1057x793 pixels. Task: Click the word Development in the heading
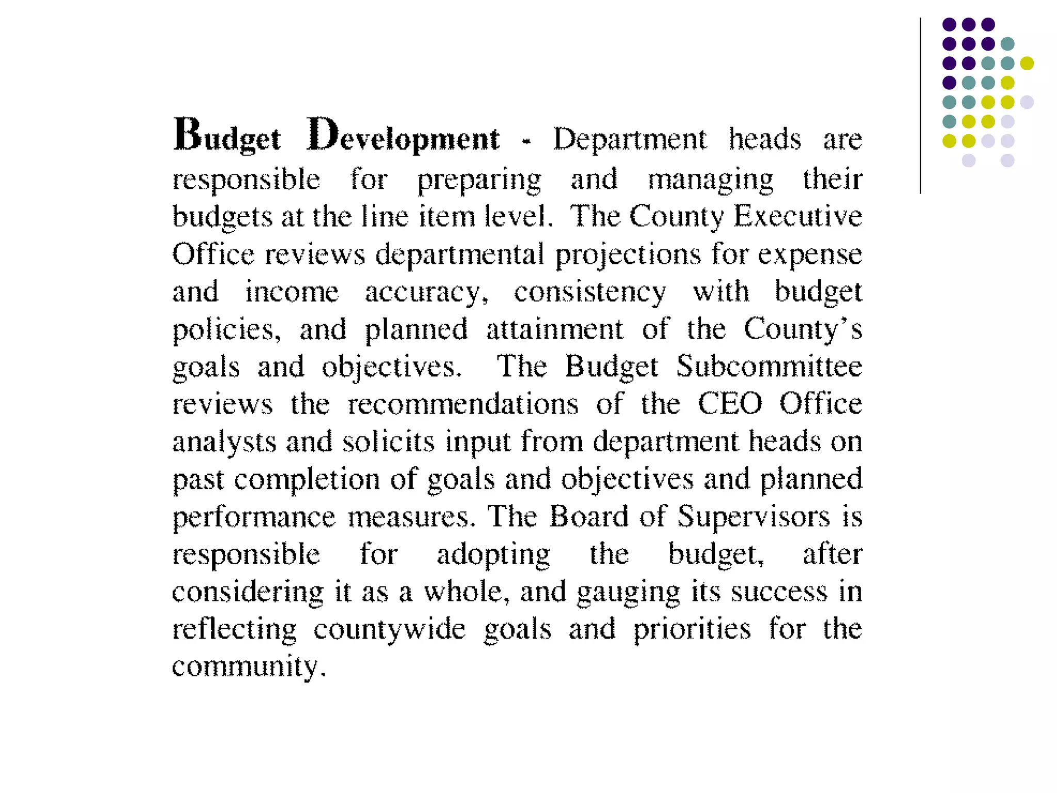(x=403, y=135)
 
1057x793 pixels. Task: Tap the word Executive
(x=797, y=216)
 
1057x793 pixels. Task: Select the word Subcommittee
(x=769, y=367)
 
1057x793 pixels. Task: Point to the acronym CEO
(x=730, y=404)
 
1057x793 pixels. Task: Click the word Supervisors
(x=754, y=516)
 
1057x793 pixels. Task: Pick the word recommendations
(x=463, y=404)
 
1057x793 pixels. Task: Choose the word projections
(x=628, y=255)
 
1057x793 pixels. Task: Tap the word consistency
(x=590, y=292)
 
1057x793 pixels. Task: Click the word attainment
(x=555, y=329)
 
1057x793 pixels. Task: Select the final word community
(x=249, y=667)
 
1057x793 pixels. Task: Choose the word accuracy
(x=426, y=292)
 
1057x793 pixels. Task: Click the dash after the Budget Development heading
(x=526, y=140)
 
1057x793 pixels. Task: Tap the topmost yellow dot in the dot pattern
(x=1027, y=63)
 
